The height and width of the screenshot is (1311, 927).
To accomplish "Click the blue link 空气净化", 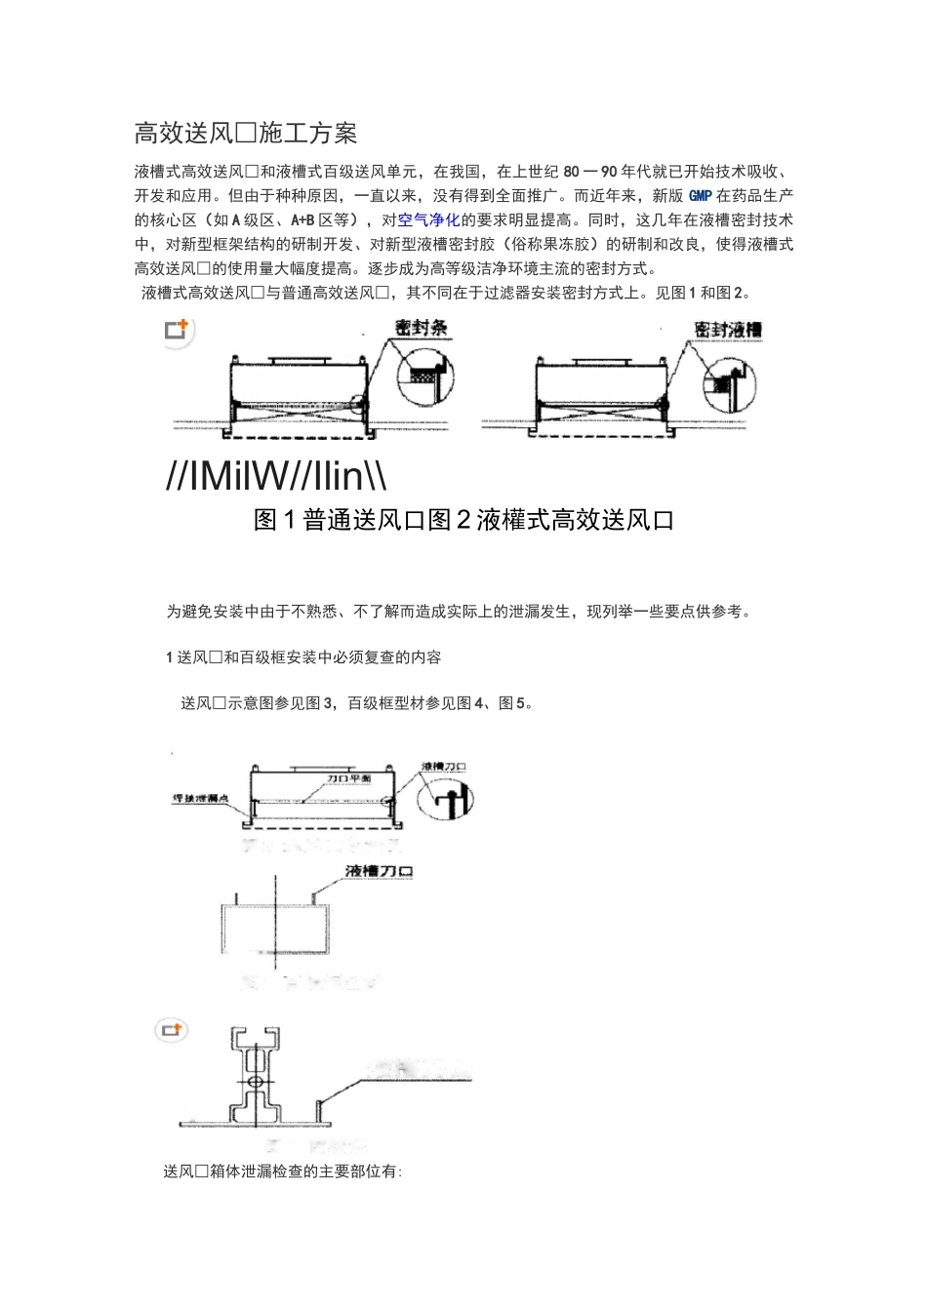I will [x=428, y=220].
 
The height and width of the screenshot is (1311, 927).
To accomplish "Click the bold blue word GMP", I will [x=701, y=196].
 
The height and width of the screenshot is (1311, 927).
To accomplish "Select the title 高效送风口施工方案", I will [x=245, y=133].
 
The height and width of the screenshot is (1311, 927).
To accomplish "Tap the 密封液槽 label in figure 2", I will [x=727, y=329].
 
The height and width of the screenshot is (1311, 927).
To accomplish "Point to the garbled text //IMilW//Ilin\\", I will [x=277, y=476].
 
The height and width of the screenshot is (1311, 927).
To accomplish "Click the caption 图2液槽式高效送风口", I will [x=551, y=521].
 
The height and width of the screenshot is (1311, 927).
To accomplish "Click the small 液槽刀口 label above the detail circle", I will [x=443, y=767].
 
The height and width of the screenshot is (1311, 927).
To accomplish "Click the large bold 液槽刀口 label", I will [x=380, y=870].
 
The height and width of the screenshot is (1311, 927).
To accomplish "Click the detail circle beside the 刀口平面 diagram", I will [x=444, y=801].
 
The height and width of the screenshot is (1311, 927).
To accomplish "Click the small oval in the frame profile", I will [x=255, y=1083].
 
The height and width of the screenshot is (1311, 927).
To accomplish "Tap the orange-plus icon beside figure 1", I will [x=177, y=331].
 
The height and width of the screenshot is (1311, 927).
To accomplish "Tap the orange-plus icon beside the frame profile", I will [x=173, y=1030].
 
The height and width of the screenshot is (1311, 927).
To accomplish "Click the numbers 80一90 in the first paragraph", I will [x=594, y=172].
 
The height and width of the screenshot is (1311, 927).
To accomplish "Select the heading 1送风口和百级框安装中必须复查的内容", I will [x=303, y=657].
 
